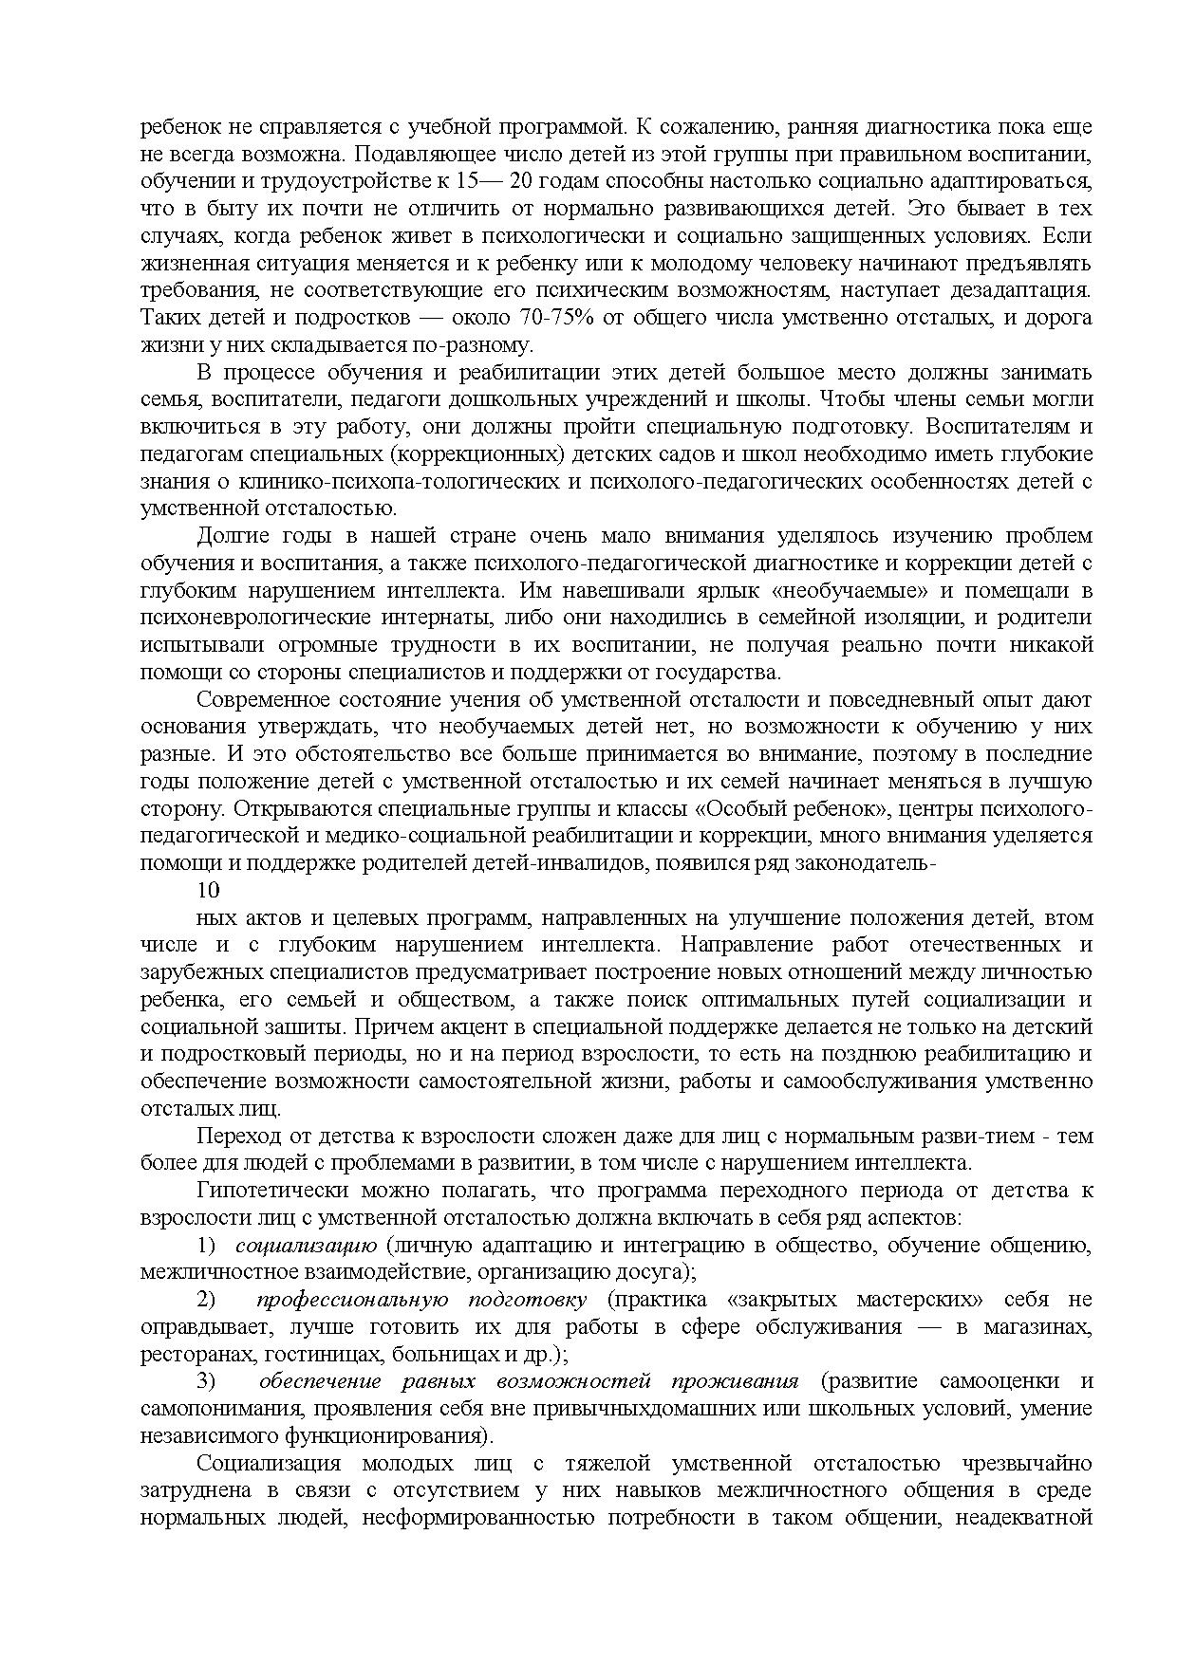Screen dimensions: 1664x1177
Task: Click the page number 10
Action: [208, 890]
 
